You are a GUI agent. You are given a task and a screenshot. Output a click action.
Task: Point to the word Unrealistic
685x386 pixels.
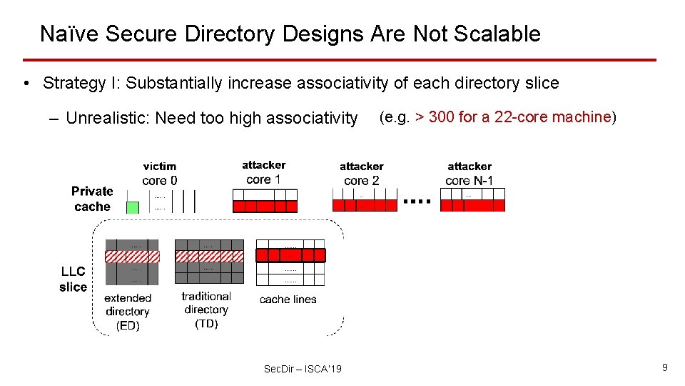click(x=107, y=118)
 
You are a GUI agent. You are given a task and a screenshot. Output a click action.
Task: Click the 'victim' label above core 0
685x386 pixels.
click(x=159, y=167)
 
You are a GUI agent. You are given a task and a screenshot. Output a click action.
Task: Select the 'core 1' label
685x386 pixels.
click(x=263, y=179)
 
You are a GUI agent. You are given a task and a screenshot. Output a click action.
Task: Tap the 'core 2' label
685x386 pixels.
click(x=361, y=181)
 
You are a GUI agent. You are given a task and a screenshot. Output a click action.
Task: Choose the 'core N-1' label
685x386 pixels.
click(x=469, y=181)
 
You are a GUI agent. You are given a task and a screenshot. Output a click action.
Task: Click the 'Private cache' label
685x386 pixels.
click(x=92, y=199)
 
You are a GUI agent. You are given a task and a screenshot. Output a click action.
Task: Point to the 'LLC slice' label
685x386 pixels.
click(x=73, y=279)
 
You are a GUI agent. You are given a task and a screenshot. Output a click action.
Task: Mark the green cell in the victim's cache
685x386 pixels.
click(x=133, y=207)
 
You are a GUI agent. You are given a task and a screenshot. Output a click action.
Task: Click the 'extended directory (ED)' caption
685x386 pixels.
click(x=128, y=312)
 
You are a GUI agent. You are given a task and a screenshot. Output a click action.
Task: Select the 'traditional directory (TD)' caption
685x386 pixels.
click(x=205, y=310)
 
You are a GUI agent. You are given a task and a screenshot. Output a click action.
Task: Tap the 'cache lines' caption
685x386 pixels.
click(x=288, y=300)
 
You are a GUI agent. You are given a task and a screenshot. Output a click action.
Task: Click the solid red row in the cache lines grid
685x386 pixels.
click(x=290, y=255)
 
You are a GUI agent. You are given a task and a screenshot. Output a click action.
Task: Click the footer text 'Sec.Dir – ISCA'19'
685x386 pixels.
click(x=303, y=369)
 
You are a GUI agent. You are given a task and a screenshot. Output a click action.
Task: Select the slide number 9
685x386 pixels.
click(x=664, y=367)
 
